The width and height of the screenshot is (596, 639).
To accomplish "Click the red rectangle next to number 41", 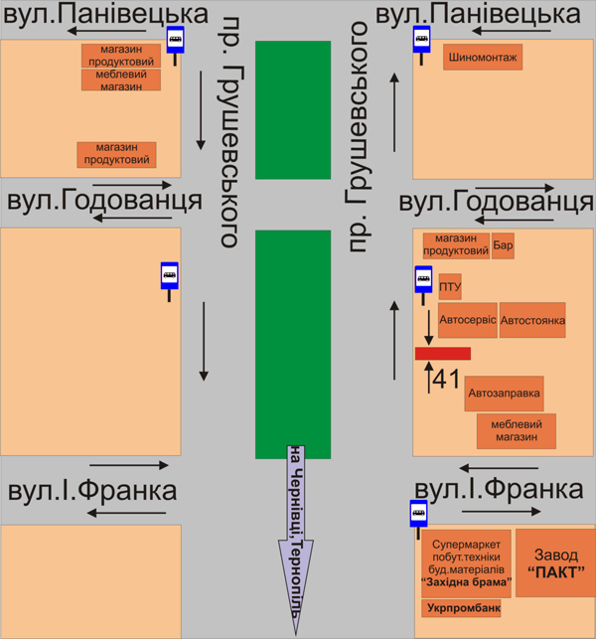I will (x=442, y=353).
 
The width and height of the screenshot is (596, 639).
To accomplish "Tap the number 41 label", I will (x=447, y=378).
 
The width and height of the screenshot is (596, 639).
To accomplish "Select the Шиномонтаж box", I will (x=483, y=58).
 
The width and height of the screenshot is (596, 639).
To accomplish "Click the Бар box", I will (x=504, y=244).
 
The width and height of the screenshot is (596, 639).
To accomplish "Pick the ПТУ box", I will (x=450, y=289).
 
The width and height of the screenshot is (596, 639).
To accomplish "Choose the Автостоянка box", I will (x=532, y=320).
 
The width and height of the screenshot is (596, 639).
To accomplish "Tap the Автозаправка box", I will (x=504, y=393).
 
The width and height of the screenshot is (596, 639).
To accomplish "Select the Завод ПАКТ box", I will (x=555, y=562).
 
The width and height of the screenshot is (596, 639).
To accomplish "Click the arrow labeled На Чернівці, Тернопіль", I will (x=296, y=537).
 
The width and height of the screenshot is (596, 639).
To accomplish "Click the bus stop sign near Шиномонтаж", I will (x=422, y=43).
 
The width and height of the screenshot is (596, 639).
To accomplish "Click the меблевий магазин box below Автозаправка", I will (x=517, y=430).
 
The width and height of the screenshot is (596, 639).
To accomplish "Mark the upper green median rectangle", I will (x=292, y=109).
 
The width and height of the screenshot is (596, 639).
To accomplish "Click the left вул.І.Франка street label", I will (x=92, y=490).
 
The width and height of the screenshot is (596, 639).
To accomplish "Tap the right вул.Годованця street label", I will (x=496, y=202).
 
